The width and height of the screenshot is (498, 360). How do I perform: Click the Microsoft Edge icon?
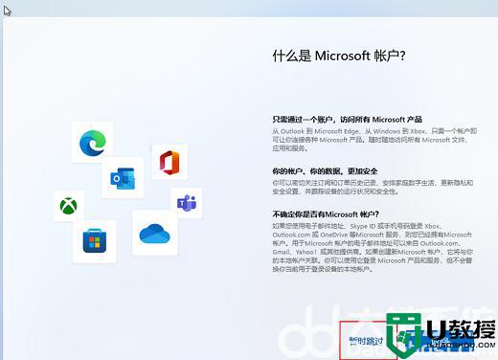coord(93,142)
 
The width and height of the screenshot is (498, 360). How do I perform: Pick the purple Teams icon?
coord(186,203)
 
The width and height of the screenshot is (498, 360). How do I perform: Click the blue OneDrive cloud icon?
coord(153,233)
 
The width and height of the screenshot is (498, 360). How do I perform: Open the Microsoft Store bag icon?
coord(93,240)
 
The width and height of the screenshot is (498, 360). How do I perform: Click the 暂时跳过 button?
coord(366,339)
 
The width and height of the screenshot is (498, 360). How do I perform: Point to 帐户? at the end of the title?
coord(394,56)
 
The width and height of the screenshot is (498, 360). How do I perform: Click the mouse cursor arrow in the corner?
coord(8,11)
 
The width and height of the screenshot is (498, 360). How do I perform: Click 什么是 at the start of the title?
coord(291,56)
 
